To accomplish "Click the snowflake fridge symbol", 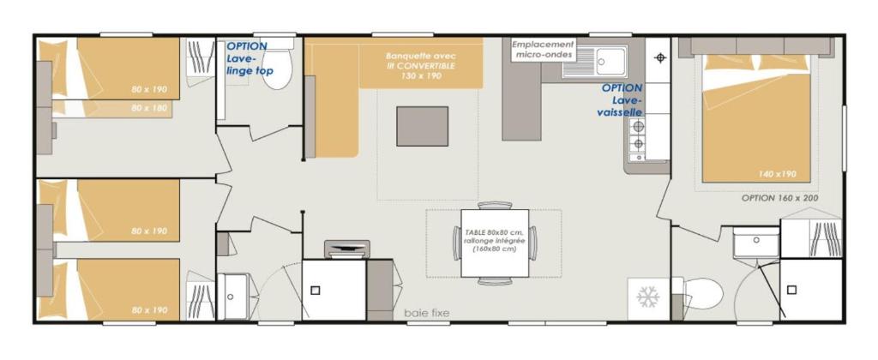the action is (648, 297).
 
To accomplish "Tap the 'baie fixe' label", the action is (427, 314).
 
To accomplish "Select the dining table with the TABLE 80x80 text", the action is (495, 243).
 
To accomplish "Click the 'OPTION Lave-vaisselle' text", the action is (622, 100).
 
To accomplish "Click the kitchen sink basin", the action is (610, 61).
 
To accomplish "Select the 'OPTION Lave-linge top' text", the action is (246, 58).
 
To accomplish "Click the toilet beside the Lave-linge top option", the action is (277, 64).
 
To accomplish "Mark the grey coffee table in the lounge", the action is (422, 126).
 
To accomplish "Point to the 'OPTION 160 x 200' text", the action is (779, 198).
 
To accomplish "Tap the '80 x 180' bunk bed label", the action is (149, 108).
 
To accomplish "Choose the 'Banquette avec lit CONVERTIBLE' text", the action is (421, 65).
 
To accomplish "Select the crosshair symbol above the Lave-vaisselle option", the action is (660, 57).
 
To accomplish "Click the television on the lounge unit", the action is (346, 249).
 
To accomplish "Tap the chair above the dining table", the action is (495, 205).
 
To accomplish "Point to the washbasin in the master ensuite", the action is (756, 242).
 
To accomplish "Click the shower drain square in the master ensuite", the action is (791, 290).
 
